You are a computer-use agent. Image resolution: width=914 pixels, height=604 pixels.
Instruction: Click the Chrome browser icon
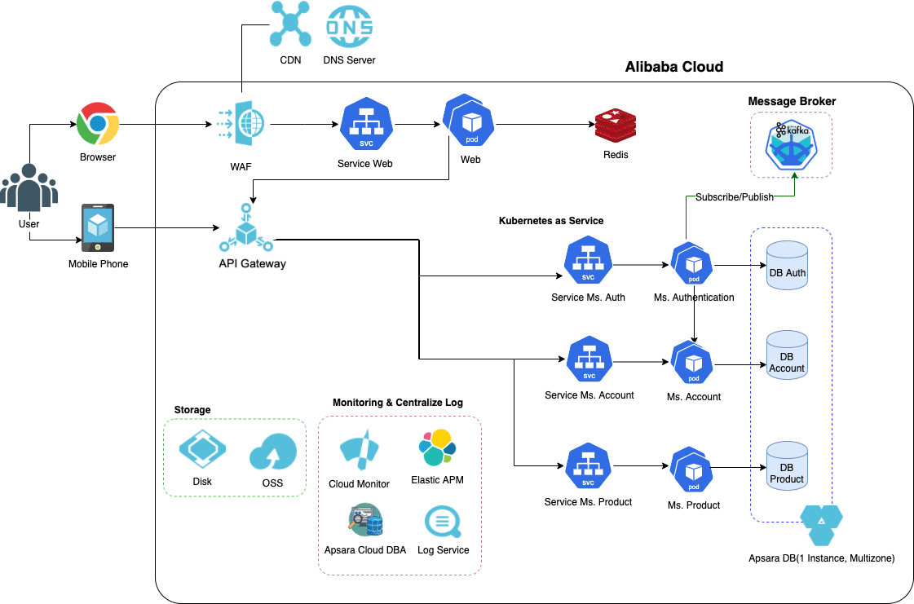[x=98, y=124]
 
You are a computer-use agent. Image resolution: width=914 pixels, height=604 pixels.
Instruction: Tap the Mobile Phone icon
[x=98, y=228]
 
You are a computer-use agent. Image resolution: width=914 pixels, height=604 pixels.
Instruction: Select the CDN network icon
[x=290, y=25]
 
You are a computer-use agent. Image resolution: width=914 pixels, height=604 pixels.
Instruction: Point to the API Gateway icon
[x=246, y=231]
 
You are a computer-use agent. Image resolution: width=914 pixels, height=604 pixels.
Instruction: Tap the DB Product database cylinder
[x=787, y=464]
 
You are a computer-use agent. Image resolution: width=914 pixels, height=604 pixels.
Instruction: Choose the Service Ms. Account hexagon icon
[x=589, y=360]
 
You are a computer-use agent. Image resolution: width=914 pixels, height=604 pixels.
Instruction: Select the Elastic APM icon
[x=437, y=447]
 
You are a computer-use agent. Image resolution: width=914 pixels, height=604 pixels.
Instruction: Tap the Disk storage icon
[x=202, y=449]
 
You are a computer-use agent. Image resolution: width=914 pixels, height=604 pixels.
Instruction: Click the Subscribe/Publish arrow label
[x=734, y=197]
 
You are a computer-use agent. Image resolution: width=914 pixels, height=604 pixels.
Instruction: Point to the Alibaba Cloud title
[x=673, y=67]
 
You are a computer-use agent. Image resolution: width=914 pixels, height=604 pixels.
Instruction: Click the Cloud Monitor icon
[x=359, y=452]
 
